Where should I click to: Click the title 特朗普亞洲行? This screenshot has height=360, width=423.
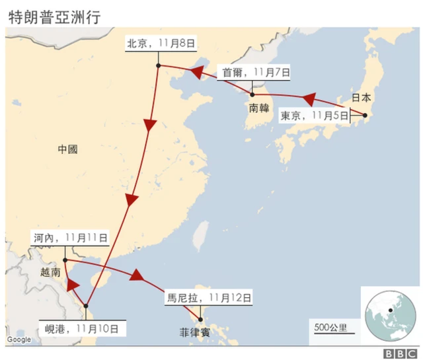(54, 17)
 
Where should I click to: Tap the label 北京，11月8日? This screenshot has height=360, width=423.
(161, 44)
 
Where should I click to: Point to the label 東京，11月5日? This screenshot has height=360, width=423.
(313, 116)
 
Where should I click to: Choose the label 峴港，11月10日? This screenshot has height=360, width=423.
(81, 326)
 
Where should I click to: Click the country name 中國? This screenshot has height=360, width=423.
(67, 150)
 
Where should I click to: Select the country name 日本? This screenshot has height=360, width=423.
(361, 97)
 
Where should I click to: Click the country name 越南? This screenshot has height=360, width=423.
(50, 271)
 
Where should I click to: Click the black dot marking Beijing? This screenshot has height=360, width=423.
(159, 65)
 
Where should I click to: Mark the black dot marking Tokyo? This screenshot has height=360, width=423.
(364, 115)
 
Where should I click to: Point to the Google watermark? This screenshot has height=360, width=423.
(19, 340)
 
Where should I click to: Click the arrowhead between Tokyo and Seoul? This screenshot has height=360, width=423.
(306, 99)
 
